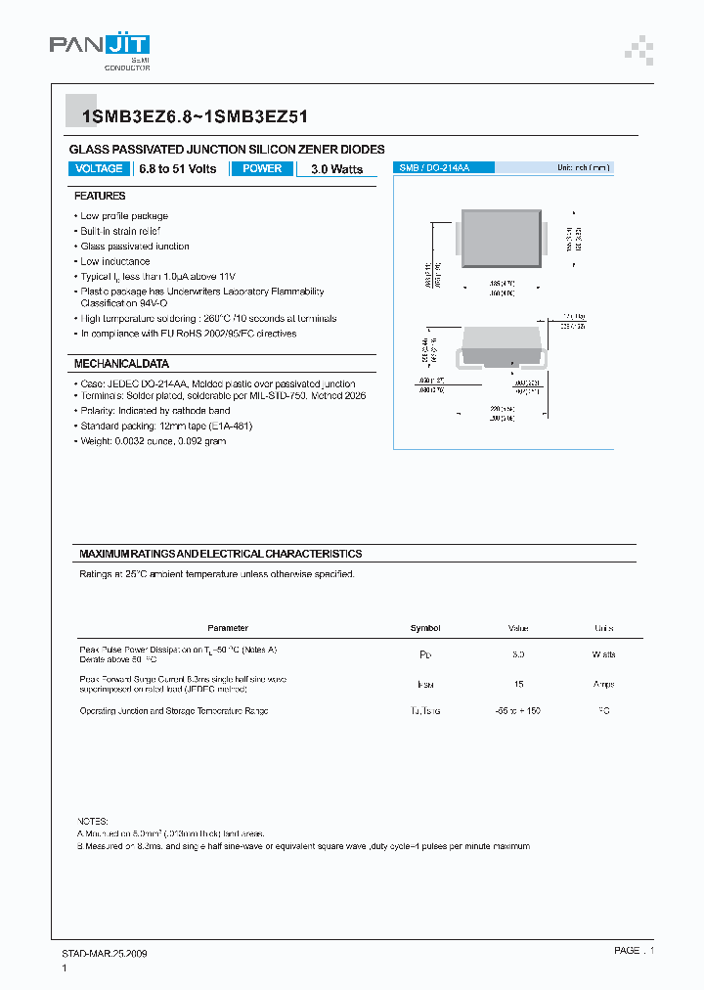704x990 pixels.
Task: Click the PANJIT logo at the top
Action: (99, 50)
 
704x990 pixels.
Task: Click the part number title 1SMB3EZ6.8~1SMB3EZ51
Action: (196, 116)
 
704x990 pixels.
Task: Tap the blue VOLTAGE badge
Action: (99, 168)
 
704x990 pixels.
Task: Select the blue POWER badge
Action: (262, 168)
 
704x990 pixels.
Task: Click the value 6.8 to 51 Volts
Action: (178, 169)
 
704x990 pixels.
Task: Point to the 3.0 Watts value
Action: (336, 169)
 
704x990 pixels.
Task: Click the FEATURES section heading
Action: (100, 196)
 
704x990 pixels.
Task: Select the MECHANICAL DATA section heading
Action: (121, 364)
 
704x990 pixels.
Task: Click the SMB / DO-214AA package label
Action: (434, 168)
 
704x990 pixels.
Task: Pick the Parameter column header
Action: (228, 628)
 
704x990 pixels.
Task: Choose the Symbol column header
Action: (425, 628)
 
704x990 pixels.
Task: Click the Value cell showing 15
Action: (518, 685)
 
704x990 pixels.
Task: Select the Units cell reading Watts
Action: (603, 653)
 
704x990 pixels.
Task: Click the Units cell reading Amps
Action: (603, 685)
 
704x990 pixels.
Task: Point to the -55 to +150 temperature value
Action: (518, 711)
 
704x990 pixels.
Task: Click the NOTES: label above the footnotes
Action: (94, 820)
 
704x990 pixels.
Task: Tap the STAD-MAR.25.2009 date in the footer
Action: (98, 952)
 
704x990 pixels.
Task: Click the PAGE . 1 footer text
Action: (634, 950)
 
